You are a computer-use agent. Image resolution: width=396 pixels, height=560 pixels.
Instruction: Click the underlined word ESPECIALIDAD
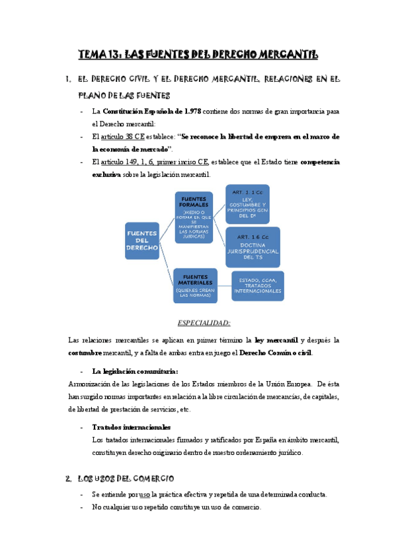pos(204,322)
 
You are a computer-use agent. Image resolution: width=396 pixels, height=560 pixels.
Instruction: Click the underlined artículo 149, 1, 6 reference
pos(151,162)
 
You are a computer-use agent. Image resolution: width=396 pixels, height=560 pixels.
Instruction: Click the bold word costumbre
pos(92,353)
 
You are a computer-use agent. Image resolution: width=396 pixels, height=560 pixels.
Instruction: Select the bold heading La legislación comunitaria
pos(135,370)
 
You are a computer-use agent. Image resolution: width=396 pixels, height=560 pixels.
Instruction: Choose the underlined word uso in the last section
pos(144,495)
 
